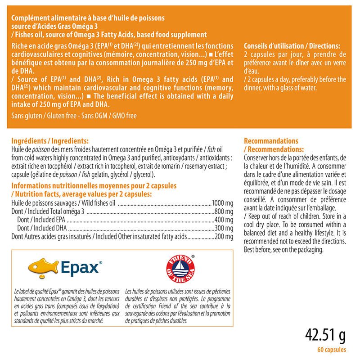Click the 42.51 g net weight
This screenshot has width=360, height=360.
(325, 336)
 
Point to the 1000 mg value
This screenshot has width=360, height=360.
(222, 203)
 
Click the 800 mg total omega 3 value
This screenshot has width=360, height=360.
(224, 211)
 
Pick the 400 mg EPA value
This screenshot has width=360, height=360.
(224, 220)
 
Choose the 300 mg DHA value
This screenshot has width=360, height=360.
(224, 228)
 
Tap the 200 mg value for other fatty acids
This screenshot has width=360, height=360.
(224, 236)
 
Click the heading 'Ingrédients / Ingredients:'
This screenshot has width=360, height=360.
(49, 141)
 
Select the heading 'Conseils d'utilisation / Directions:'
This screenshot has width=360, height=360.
(291, 46)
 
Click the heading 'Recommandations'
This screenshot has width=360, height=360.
(271, 141)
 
